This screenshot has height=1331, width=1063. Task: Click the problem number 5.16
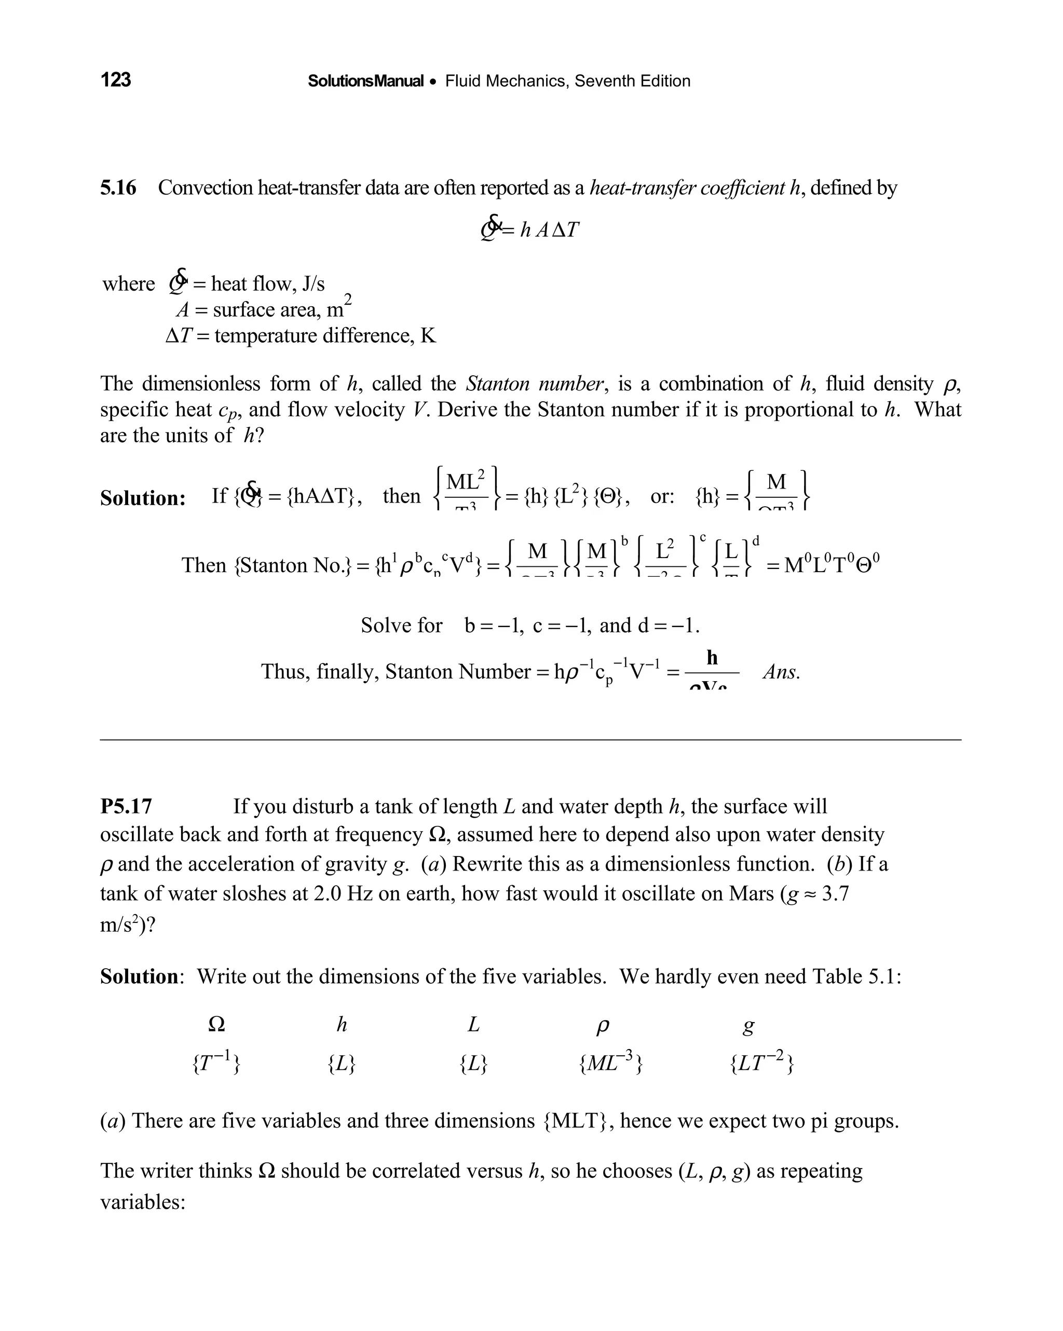[118, 188]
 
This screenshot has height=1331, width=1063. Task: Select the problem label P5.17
[126, 806]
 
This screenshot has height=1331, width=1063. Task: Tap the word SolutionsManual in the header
[365, 81]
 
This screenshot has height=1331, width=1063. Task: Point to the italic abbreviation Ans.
[781, 672]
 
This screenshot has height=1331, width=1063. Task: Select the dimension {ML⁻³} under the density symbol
[611, 1063]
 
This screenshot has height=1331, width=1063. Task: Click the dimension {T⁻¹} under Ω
[216, 1063]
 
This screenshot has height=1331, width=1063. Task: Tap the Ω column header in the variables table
[216, 1025]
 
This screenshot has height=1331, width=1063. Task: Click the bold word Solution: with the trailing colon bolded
[143, 498]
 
